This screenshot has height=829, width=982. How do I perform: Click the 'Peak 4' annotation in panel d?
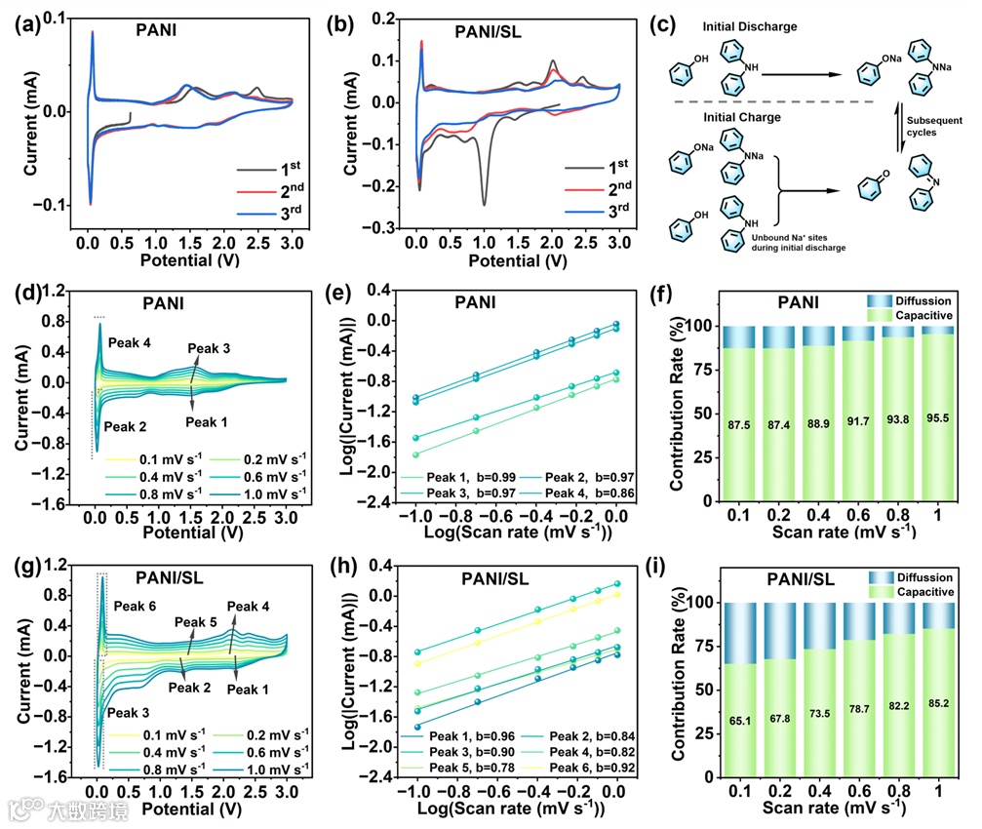coord(131,343)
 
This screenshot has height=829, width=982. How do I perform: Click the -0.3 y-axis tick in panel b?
coord(383,227)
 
